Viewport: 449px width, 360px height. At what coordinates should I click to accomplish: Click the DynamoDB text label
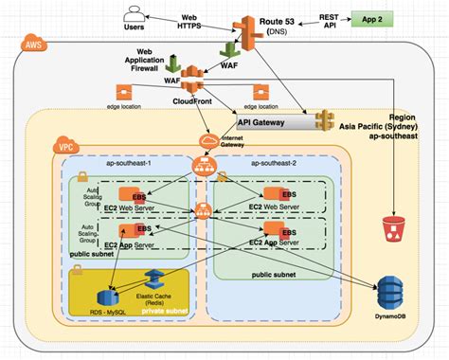[x=388, y=314]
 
